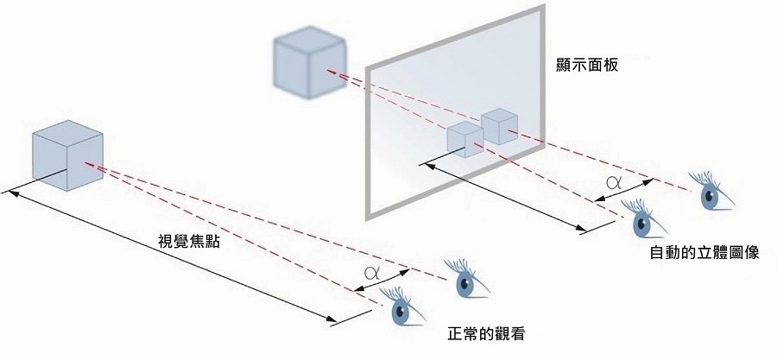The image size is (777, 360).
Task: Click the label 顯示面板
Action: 590,65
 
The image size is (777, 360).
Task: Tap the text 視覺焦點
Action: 189,242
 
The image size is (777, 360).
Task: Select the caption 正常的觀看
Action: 488,333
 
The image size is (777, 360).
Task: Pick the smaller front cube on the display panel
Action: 464,139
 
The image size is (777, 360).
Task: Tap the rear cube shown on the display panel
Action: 499,125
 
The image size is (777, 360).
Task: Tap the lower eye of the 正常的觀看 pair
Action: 401,310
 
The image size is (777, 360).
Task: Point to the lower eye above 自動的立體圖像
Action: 642,223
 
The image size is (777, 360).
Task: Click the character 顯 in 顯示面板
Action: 565,65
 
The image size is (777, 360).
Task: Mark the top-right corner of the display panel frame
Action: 542,8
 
